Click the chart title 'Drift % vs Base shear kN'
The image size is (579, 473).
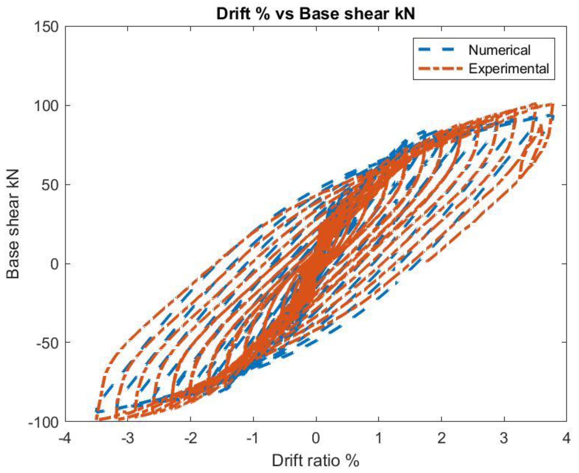pyautogui.click(x=315, y=14)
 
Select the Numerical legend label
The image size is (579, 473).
pyautogui.click(x=499, y=50)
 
